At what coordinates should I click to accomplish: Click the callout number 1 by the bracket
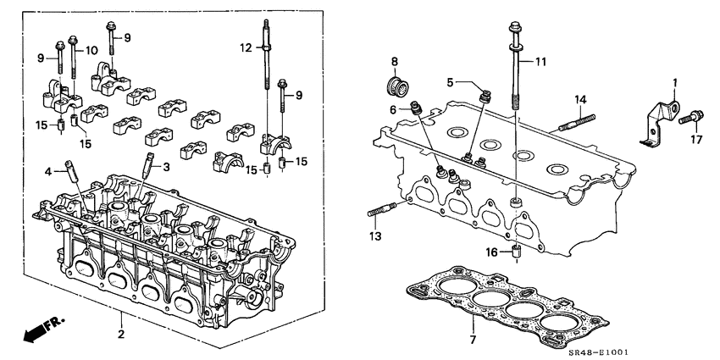[x=675, y=82]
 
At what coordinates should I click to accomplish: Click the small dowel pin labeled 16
[x=514, y=252]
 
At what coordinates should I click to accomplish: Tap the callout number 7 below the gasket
[x=473, y=340]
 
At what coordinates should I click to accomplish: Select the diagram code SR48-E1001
[x=674, y=351]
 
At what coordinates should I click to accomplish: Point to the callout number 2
[x=121, y=335]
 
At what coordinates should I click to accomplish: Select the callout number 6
[x=394, y=110]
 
